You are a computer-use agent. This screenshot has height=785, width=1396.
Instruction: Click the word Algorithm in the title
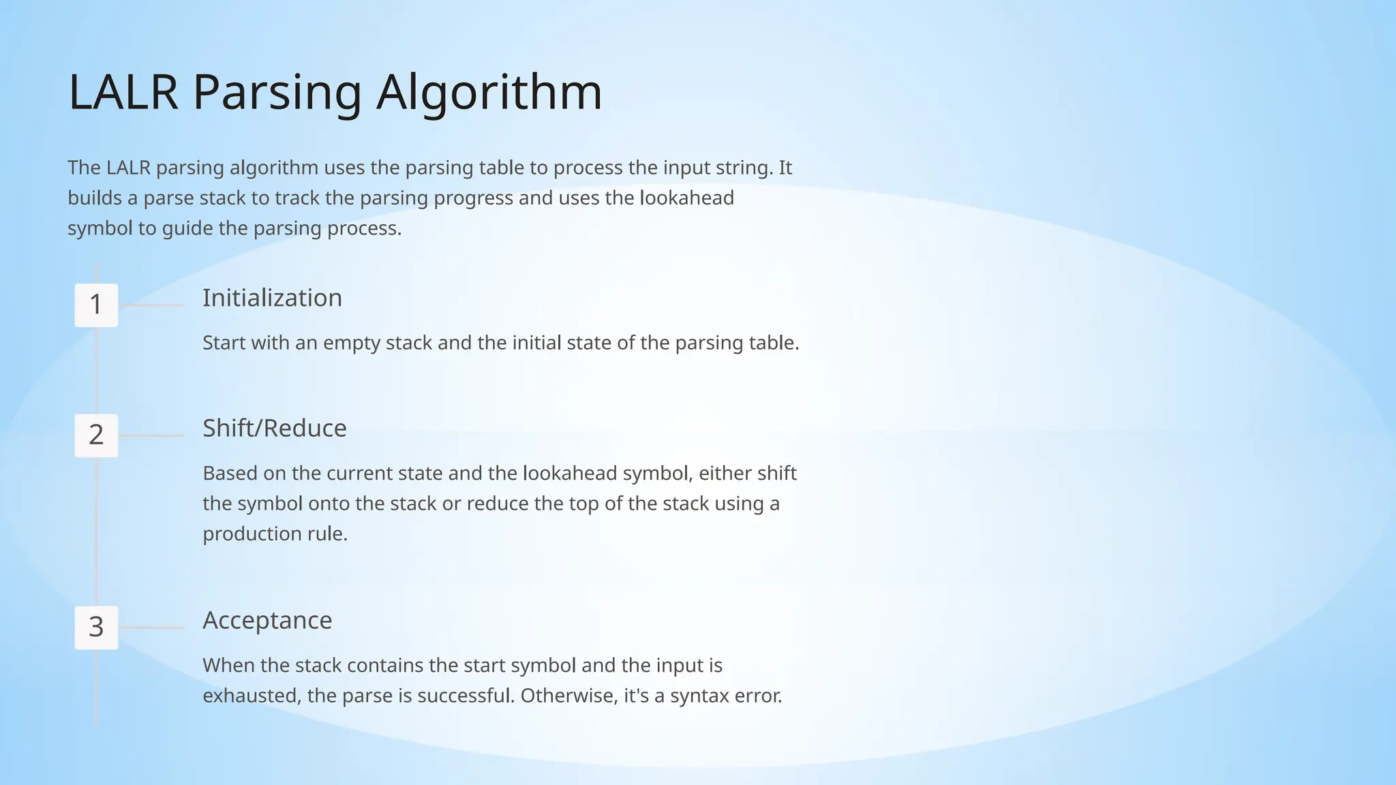pos(489,92)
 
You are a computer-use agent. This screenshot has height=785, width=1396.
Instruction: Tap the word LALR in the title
pos(123,92)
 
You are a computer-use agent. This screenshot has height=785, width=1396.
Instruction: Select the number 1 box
pos(96,305)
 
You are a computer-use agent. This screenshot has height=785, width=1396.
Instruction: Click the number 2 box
pos(96,435)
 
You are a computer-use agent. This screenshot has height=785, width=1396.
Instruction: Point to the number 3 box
pos(96,628)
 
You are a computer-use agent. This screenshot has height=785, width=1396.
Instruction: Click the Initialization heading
pos(272,298)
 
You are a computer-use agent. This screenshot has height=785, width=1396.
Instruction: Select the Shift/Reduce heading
pos(275,429)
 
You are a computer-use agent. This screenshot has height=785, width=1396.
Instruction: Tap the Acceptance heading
pos(267,621)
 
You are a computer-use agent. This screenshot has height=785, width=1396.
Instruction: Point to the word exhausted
pos(252,696)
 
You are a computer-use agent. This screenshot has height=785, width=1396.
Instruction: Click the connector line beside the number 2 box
pos(151,435)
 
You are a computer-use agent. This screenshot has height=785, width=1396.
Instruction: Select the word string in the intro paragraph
pos(747,168)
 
